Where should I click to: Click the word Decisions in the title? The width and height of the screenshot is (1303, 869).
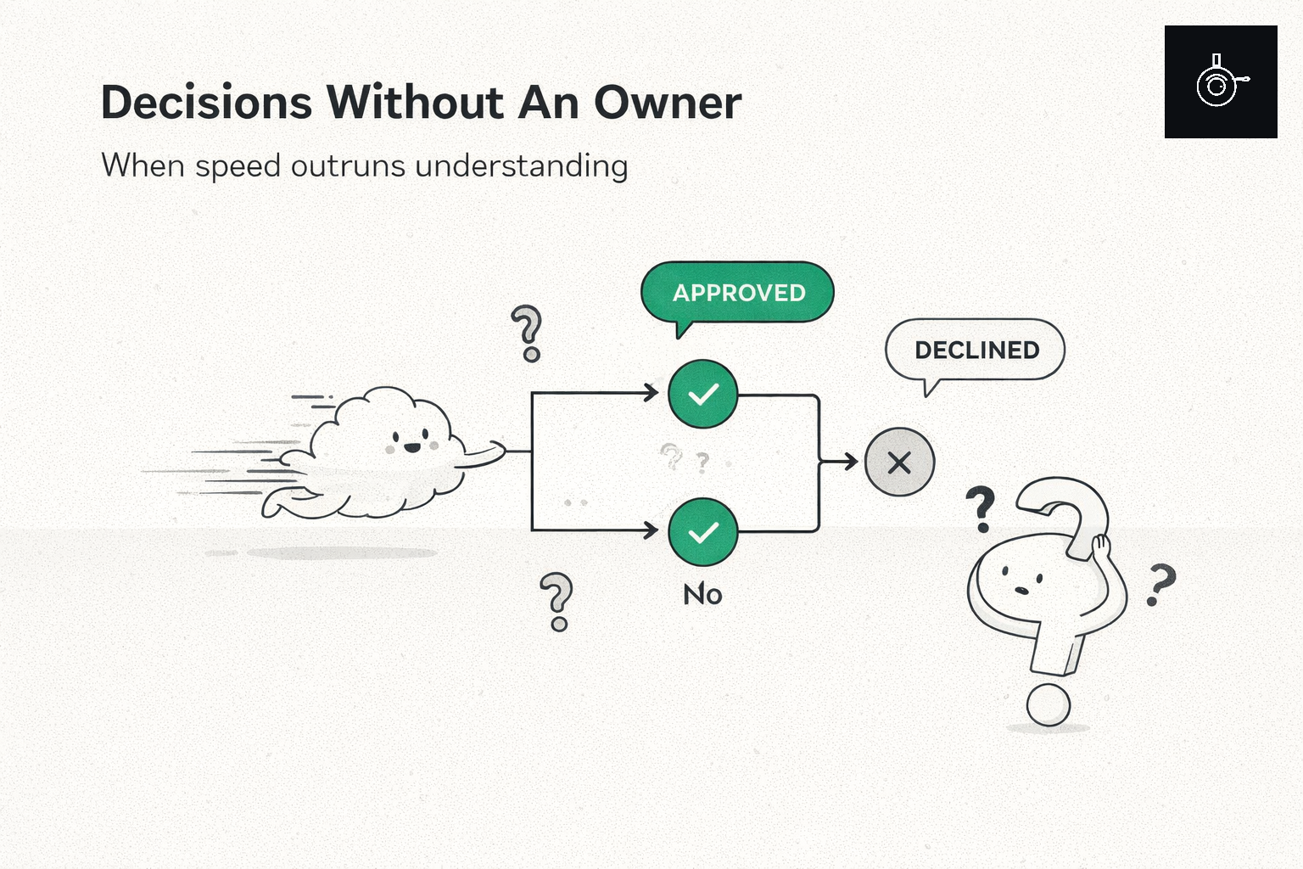coord(206,103)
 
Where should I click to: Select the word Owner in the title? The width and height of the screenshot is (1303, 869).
coord(668,103)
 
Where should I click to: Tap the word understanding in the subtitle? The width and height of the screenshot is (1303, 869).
coord(521,165)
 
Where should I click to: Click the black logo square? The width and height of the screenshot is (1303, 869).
coord(1221,81)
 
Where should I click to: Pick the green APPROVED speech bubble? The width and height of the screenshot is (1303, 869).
coord(737,293)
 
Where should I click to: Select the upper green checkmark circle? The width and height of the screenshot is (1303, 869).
coord(702,394)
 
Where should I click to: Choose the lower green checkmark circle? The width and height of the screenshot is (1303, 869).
coord(702,532)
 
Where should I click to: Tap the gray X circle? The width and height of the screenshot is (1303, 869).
coord(899,463)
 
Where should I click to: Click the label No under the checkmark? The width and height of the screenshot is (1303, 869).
coord(702,594)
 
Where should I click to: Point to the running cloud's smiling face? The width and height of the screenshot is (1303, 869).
coord(411,441)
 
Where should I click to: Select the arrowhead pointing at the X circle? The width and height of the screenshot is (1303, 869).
coord(851,462)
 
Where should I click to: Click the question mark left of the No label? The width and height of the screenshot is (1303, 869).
coord(557,602)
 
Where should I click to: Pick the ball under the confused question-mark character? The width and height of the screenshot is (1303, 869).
coord(1049,705)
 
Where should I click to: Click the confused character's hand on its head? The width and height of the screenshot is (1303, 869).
coord(1100,548)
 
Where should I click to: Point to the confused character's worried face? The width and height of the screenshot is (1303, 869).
coord(1021,580)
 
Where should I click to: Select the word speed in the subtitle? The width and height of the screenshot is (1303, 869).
coord(238,166)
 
